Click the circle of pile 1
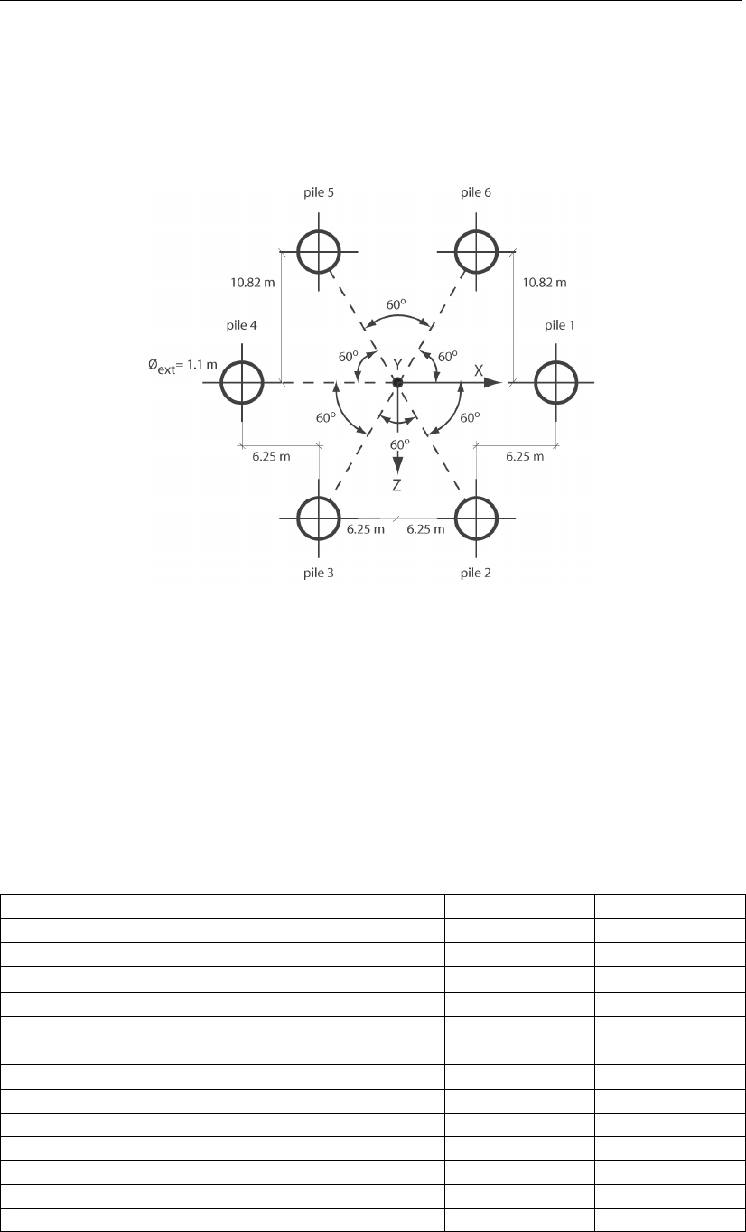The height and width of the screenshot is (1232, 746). (x=556, y=382)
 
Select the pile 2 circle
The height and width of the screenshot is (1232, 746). (x=475, y=518)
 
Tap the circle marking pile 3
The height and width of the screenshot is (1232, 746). (x=319, y=518)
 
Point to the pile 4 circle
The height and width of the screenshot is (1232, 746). (x=242, y=382)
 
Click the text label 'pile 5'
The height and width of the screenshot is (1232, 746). (x=319, y=193)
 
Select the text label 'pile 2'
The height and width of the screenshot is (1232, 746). (x=475, y=573)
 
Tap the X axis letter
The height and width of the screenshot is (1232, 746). (x=480, y=370)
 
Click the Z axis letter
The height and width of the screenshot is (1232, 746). (x=396, y=485)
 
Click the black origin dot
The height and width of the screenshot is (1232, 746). (x=396, y=383)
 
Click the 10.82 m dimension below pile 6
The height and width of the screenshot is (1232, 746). (x=546, y=282)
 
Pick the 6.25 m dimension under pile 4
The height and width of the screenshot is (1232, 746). (x=271, y=457)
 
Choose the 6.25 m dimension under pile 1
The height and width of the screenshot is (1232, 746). (x=524, y=457)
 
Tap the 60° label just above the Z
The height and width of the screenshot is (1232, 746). (x=398, y=444)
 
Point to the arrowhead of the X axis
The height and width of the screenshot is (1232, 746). (x=493, y=383)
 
